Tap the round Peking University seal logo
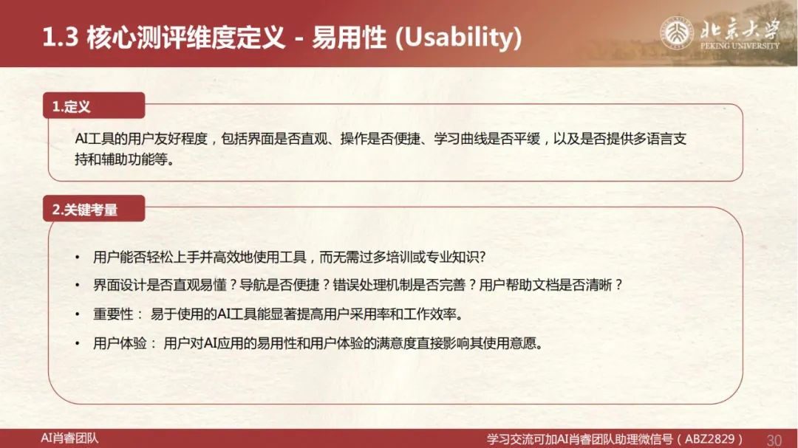[676, 32]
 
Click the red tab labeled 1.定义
[94, 106]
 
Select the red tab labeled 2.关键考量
[94, 208]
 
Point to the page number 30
[774, 439]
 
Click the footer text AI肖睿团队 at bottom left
[69, 438]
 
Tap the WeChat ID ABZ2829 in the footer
[709, 439]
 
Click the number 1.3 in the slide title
[60, 37]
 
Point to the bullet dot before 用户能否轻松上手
[78, 258]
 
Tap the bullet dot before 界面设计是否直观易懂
[78, 286]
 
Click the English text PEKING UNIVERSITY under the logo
[740, 46]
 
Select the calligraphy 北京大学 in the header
[740, 29]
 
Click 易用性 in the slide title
[349, 37]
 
